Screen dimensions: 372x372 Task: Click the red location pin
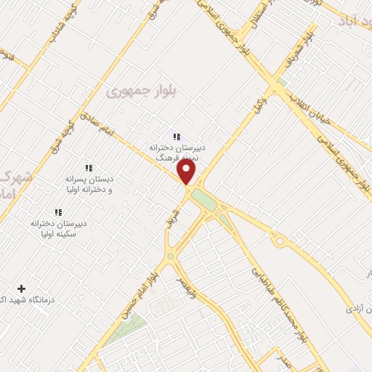[x=187, y=171]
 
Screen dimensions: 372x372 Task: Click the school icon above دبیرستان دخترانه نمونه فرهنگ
[x=175, y=135]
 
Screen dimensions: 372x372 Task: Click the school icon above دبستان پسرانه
[x=89, y=168]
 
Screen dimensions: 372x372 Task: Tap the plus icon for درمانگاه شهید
[x=21, y=289]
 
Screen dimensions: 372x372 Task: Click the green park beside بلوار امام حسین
[x=124, y=331]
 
